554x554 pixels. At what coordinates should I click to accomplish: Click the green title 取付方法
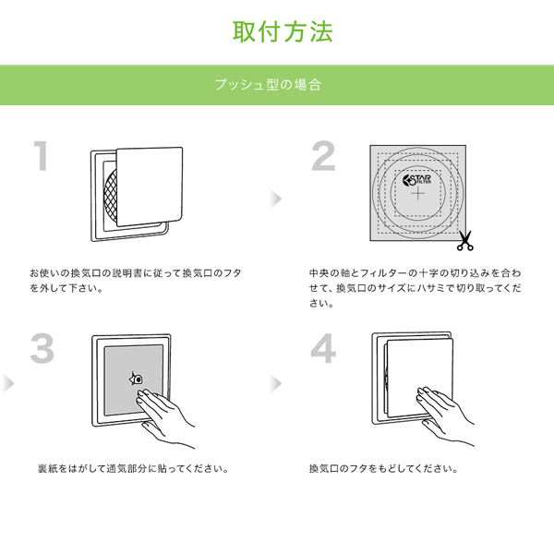[x=283, y=31]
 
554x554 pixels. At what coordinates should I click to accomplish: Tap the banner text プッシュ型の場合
[x=268, y=85]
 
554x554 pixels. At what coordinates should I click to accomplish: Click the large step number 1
[x=42, y=156]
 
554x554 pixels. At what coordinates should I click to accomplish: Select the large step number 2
[x=323, y=156]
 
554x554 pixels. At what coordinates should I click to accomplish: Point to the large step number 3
[x=42, y=348]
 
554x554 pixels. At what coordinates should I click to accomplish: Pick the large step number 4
[x=323, y=348]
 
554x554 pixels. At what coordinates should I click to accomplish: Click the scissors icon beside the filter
[x=465, y=241]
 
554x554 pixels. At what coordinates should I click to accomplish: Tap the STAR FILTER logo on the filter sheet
[x=417, y=180]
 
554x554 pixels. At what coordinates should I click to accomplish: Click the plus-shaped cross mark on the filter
[x=418, y=194]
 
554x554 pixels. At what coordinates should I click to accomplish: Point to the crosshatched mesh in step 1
[x=111, y=195]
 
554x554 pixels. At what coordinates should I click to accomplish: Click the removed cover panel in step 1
[x=150, y=187]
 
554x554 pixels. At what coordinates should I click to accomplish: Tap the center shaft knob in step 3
[x=137, y=379]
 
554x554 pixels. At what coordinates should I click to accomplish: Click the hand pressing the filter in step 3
[x=165, y=417]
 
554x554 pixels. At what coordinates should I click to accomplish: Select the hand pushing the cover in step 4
[x=444, y=415]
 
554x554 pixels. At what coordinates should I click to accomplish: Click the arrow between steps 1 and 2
[x=275, y=199]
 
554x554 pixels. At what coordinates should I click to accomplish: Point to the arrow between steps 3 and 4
[x=275, y=384]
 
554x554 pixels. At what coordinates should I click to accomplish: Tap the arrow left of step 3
[x=7, y=384]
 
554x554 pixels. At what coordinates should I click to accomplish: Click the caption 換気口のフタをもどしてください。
[x=384, y=469]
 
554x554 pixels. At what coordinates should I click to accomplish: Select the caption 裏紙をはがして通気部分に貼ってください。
[x=133, y=469]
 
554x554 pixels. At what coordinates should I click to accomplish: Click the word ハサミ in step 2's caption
[x=428, y=288]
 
